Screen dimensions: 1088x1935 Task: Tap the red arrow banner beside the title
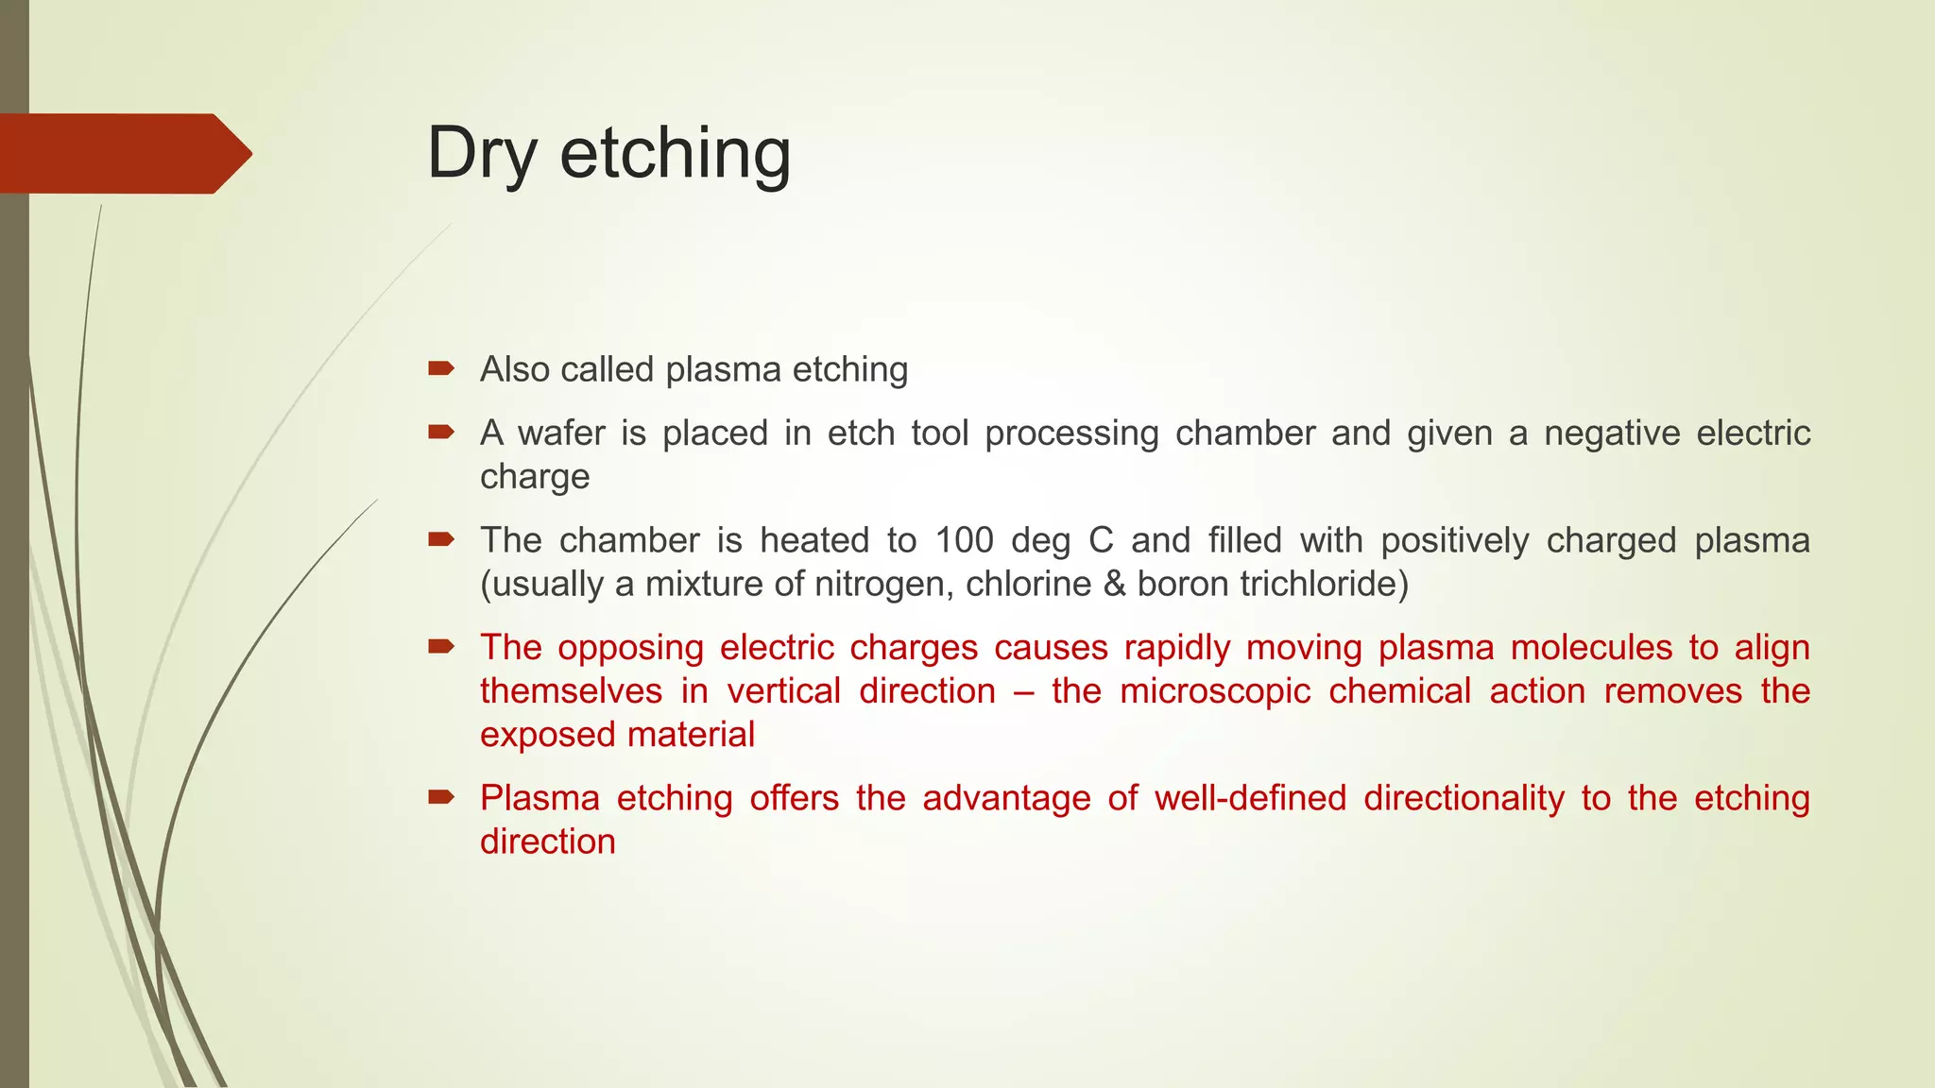tap(123, 153)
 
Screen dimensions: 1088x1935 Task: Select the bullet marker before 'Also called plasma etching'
tap(441, 368)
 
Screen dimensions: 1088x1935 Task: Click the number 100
tap(964, 540)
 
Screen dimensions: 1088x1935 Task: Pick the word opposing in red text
tap(630, 648)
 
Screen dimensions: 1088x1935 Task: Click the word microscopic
tap(1215, 691)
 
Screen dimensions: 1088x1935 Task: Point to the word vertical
tap(783, 691)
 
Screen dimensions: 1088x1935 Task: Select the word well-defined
tap(1250, 798)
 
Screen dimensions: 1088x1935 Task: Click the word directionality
tap(1464, 798)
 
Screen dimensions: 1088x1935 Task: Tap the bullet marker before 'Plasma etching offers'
tap(441, 798)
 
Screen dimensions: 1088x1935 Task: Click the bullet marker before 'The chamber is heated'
tap(441, 540)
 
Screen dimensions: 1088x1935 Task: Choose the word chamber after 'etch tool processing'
tap(1245, 433)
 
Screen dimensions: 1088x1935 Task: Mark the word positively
tap(1455, 540)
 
